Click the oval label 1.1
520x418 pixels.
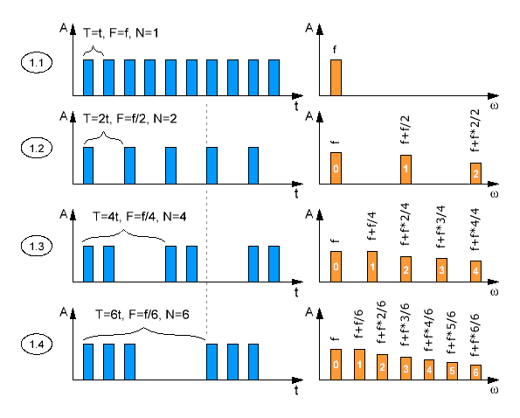coord(37,63)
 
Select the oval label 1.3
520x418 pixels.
coord(37,247)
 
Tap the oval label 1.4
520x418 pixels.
coord(37,345)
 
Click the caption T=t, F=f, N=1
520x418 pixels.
coord(121,33)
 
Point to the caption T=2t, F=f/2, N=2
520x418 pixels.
coord(129,118)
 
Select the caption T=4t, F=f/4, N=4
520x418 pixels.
coord(139,217)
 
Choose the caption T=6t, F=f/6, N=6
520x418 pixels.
coord(142,314)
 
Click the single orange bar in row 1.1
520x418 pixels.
coord(336,78)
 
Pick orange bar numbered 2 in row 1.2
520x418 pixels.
coord(475,173)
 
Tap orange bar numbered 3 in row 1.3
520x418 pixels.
coord(441,270)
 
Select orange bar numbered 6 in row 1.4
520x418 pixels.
coord(475,373)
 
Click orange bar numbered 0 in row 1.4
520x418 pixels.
coord(336,365)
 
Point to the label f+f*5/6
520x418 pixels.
coord(451,333)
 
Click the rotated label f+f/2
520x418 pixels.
coord(406,129)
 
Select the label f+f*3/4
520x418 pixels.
coord(440,226)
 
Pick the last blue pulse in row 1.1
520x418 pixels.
coord(274,78)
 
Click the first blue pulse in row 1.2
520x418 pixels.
coord(88,165)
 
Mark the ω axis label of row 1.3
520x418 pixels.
coord(494,292)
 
